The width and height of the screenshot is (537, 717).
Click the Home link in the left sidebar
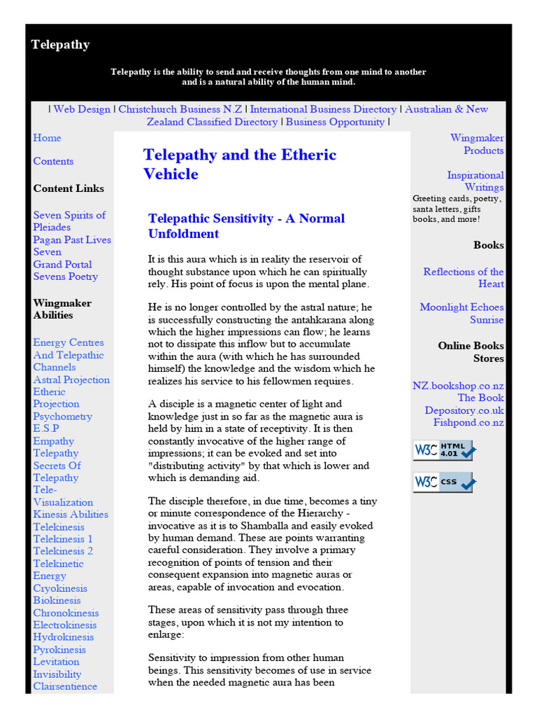pos(47,138)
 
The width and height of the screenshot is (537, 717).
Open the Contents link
pos(53,161)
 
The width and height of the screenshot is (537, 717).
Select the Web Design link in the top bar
pos(82,109)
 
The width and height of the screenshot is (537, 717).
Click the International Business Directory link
pos(323,109)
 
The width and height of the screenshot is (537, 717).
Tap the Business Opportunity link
pos(335,122)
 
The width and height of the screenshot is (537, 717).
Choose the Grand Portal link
pos(62,264)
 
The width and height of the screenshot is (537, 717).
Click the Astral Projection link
pos(71,380)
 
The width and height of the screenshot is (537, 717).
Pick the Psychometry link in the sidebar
pos(62,416)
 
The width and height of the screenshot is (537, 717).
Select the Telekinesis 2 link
pos(63,551)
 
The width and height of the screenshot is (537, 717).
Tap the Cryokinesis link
pos(62,588)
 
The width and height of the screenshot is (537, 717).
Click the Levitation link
pos(56,662)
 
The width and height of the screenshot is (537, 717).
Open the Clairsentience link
pos(65,686)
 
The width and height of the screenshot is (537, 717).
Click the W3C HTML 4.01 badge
pos(443,450)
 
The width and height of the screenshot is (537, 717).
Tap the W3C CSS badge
pos(443,482)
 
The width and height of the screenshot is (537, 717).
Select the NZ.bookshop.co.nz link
pos(458,386)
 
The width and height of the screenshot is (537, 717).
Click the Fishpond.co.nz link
pos(468,422)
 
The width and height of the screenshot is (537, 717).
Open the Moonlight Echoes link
pos(461,307)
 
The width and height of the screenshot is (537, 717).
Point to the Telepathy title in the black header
pos(60,45)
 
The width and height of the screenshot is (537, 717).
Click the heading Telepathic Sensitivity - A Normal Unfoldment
pos(246,225)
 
